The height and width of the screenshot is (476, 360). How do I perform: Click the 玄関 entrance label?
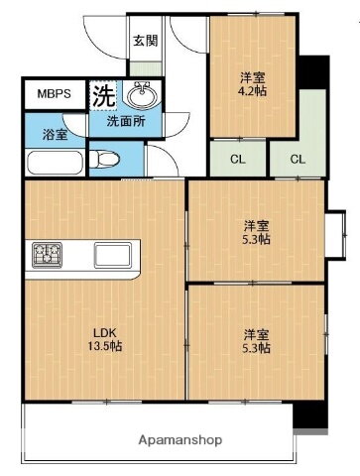[x=144, y=43]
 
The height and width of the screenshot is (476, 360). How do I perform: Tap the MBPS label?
[x=54, y=95]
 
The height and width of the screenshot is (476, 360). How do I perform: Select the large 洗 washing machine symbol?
[x=103, y=96]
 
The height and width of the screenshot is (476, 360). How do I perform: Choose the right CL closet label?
[x=298, y=158]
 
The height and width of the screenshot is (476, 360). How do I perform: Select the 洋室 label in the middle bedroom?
[x=257, y=223]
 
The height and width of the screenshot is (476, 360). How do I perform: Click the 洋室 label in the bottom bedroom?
[x=257, y=333]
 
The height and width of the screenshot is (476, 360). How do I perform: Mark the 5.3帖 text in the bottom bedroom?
[x=257, y=349]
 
